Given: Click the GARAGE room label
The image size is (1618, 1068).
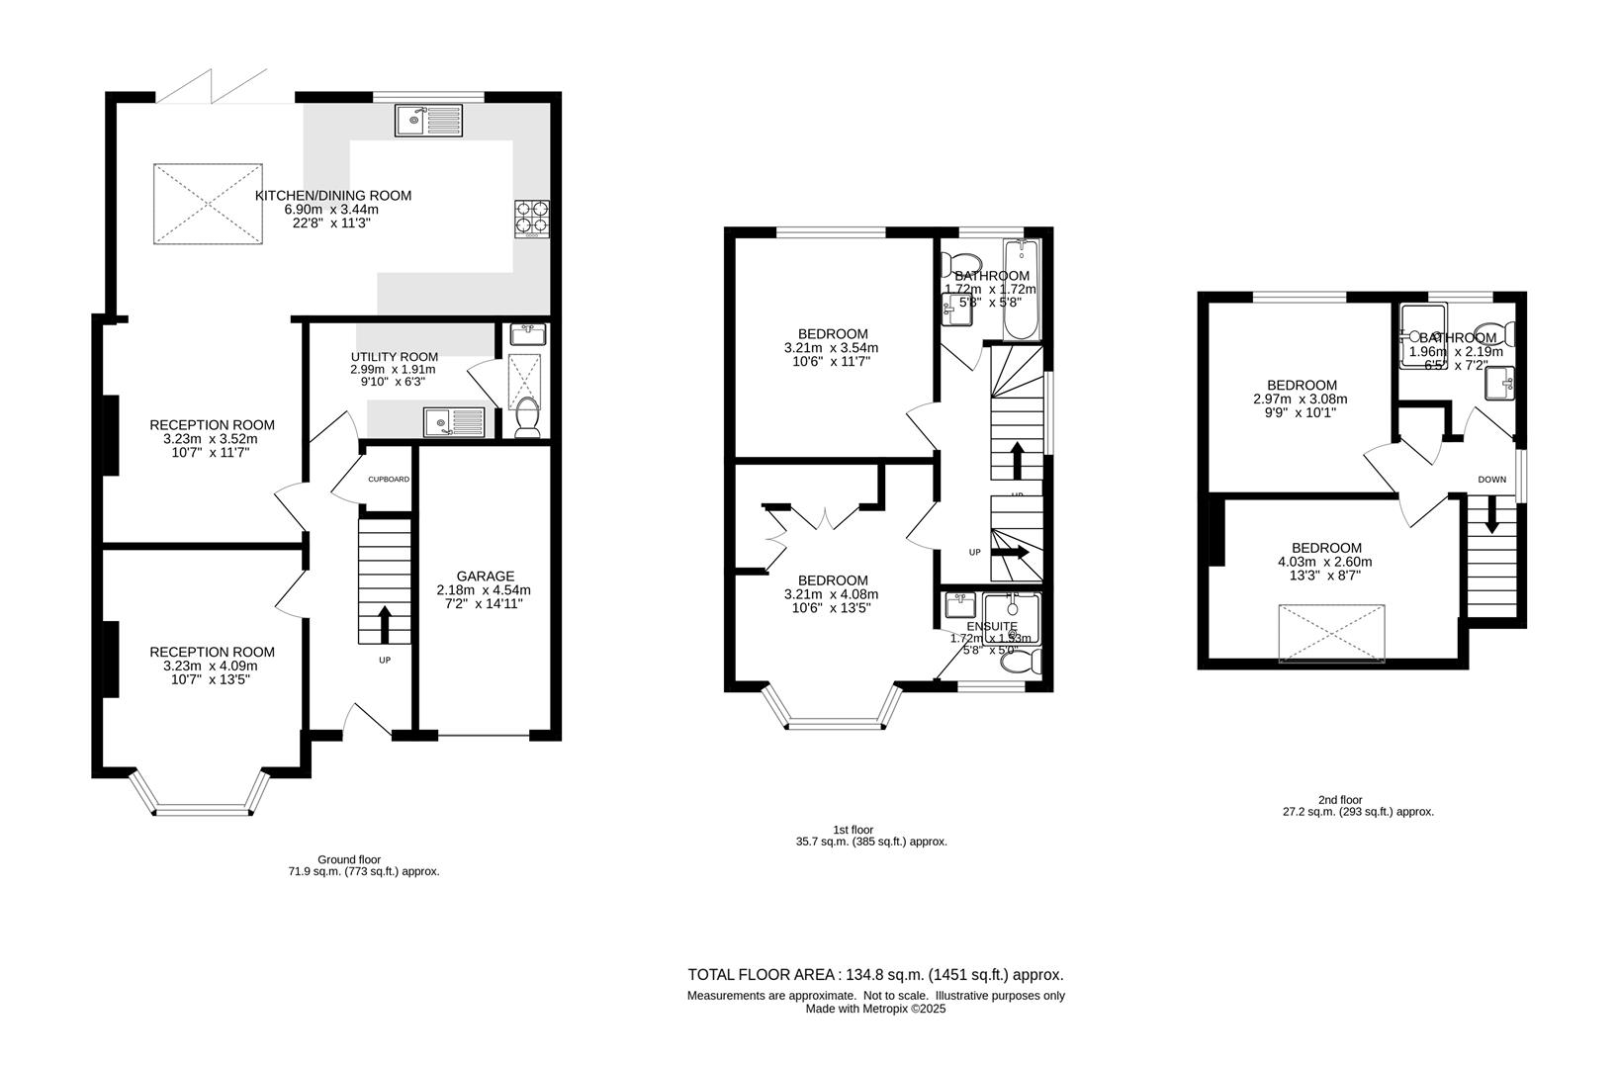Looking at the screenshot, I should click(485, 576).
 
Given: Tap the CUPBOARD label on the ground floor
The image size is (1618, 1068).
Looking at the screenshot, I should click(389, 480).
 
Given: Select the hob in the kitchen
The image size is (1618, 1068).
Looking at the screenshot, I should click(531, 219).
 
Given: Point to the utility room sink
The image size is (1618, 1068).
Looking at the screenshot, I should click(454, 422).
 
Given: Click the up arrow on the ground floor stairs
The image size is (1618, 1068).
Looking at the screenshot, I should click(385, 624).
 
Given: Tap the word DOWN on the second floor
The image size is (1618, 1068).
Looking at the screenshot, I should click(1491, 480).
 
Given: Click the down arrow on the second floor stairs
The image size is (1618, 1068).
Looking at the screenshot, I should click(1491, 516).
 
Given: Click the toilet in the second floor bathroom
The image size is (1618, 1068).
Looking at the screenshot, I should click(1490, 331).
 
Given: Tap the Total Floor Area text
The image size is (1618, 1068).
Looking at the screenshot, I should click(875, 974).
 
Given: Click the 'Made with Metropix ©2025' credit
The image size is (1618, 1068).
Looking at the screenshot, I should click(875, 1010).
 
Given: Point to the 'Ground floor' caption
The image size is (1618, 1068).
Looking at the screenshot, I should click(348, 859).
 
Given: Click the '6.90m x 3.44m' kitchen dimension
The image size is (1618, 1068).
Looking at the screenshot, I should click(332, 210).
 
